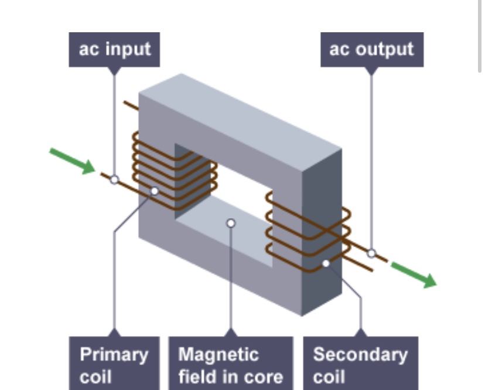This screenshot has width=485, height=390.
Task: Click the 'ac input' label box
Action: coord(114,49)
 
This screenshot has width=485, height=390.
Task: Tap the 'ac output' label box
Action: coord(371,49)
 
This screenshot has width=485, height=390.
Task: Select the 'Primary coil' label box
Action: coord(114,364)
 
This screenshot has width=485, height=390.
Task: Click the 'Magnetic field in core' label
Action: coord(230,364)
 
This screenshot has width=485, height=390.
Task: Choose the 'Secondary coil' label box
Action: coord(360,364)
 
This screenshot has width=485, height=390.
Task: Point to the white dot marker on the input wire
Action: coord(114,179)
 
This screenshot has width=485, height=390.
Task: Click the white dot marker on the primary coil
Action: coord(155,191)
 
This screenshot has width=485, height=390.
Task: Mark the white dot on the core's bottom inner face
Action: coord(231,223)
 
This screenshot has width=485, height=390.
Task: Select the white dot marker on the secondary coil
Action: coord(326,263)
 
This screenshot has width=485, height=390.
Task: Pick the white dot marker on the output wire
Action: coord(371,253)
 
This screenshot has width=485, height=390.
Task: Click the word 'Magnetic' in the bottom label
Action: coord(217,354)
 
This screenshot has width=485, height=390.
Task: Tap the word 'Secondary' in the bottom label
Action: coord(360,354)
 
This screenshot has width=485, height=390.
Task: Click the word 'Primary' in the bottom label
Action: coord(114,354)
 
